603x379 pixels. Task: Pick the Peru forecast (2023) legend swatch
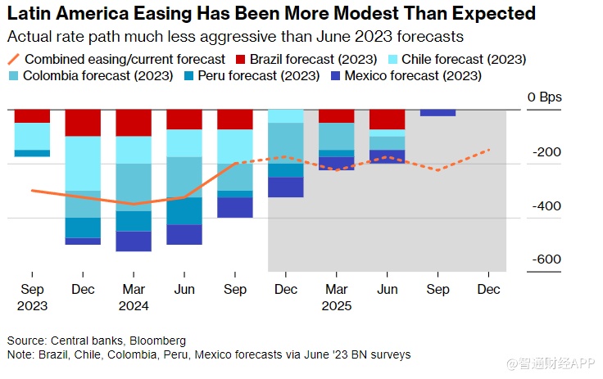coord(190,76)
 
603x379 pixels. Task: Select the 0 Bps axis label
coord(545,97)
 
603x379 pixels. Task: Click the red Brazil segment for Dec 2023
coord(83,123)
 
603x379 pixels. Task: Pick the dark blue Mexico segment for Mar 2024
coord(134,241)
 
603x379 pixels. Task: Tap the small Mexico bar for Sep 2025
coord(438,113)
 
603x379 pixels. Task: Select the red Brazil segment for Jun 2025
coord(387,120)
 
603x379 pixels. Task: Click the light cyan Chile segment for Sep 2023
coord(32,136)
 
